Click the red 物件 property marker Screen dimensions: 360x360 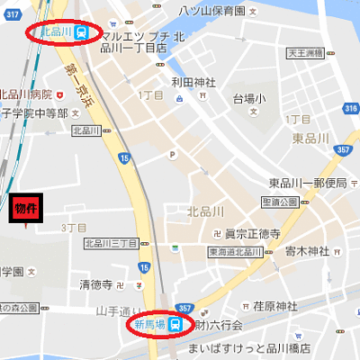pos(26,208)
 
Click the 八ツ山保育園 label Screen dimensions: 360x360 pos(211,10)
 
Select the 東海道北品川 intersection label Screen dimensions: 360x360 pos(236,252)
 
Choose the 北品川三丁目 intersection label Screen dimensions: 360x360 pos(112,243)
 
